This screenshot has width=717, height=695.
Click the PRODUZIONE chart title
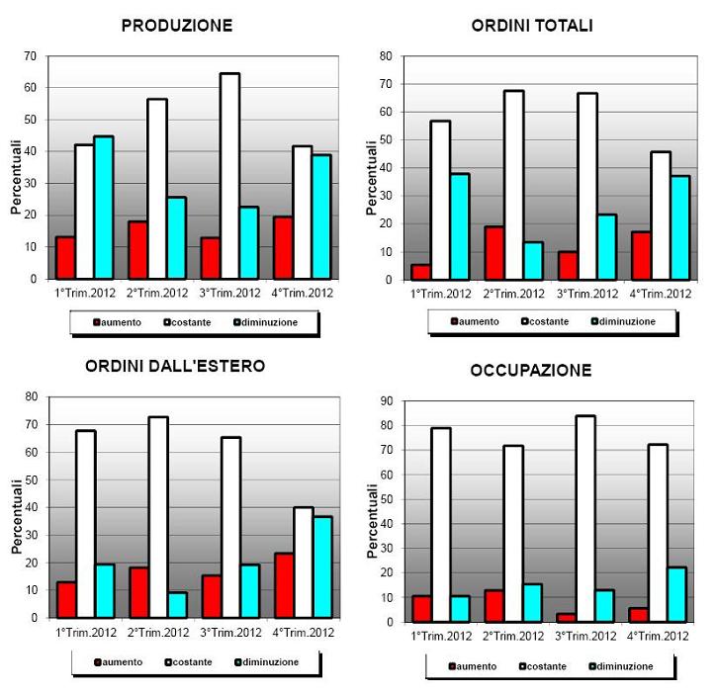click(x=177, y=27)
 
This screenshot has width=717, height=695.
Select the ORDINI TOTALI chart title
click(x=532, y=27)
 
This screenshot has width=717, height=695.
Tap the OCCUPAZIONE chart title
click(x=531, y=371)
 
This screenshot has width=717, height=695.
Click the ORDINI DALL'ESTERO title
click(x=175, y=366)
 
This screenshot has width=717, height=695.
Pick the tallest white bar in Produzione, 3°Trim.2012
click(x=229, y=176)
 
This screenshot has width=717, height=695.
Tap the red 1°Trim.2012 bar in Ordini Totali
click(x=421, y=272)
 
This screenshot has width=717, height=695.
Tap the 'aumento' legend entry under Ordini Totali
click(x=475, y=321)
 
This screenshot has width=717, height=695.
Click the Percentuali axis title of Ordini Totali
click(x=372, y=178)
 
